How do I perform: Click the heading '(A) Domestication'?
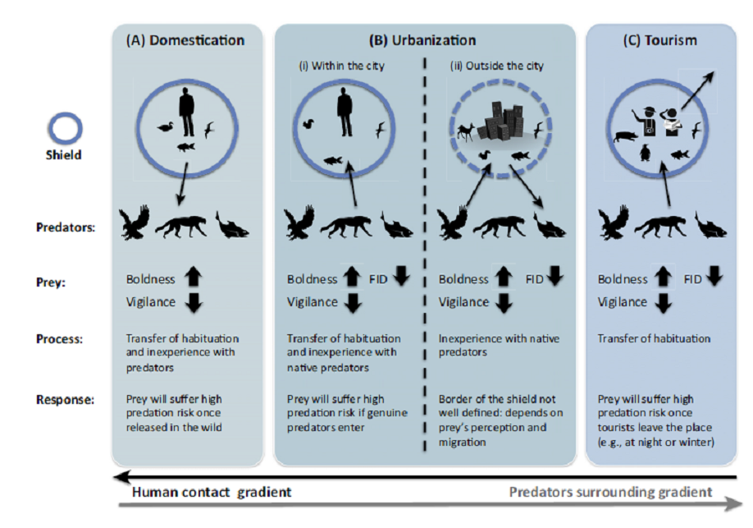(x=185, y=40)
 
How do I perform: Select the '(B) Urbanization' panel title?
(x=422, y=40)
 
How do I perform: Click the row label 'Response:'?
(x=66, y=400)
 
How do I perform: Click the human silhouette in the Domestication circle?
(x=188, y=113)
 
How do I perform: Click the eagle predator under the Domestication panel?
(x=135, y=223)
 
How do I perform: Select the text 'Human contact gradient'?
(x=212, y=493)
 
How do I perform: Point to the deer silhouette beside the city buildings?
(x=466, y=130)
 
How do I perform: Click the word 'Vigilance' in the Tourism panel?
(x=623, y=301)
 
